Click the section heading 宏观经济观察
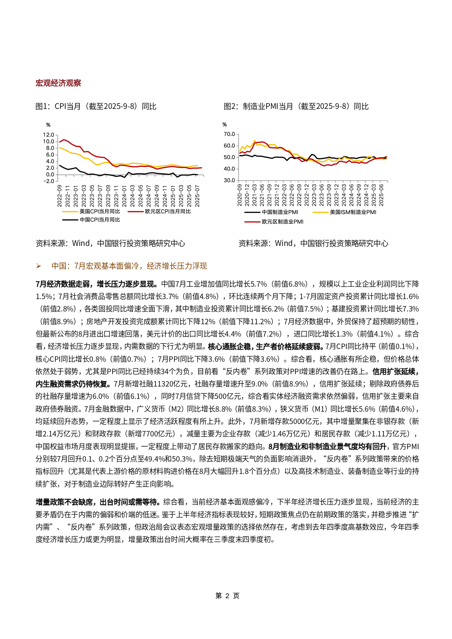(58, 83)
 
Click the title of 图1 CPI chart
(96, 106)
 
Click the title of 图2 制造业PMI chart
(296, 106)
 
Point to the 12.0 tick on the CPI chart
(48, 135)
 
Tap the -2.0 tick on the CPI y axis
(48, 181)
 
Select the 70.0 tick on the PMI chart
(229, 134)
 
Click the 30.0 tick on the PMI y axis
(229, 180)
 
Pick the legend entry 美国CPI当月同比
(99, 211)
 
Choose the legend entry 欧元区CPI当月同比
(168, 211)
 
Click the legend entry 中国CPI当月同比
(99, 220)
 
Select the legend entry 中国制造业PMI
(280, 212)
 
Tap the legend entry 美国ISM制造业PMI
(353, 212)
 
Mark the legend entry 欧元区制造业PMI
(282, 222)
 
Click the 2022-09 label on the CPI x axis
(59, 196)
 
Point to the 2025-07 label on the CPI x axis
(197, 196)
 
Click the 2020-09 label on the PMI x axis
(240, 195)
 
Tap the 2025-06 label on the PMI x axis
(381, 195)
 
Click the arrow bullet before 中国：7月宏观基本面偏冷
(39, 266)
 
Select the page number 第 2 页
(227, 596)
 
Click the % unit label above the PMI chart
(224, 125)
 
